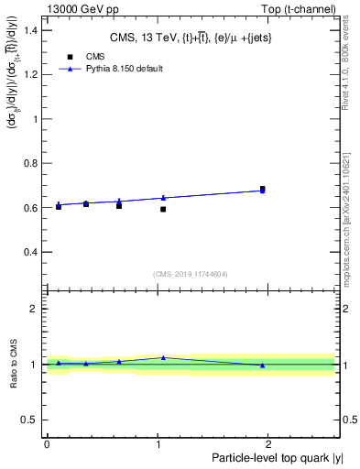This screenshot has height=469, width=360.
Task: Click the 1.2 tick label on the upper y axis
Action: click(x=32, y=74)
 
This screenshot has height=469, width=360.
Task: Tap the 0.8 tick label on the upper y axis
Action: click(x=32, y=163)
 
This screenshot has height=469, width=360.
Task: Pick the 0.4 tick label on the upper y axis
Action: click(x=32, y=252)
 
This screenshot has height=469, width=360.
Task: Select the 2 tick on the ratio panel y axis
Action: click(x=37, y=309)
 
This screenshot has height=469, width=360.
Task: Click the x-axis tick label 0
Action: click(x=47, y=443)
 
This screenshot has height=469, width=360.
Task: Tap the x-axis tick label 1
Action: click(x=158, y=443)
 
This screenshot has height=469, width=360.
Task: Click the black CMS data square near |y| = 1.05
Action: click(x=163, y=209)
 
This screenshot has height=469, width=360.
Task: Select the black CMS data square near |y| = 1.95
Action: click(x=262, y=189)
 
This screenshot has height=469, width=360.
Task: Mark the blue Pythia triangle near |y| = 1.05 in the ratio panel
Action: click(x=163, y=357)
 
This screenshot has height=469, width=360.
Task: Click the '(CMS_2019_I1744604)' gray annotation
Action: click(x=190, y=274)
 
